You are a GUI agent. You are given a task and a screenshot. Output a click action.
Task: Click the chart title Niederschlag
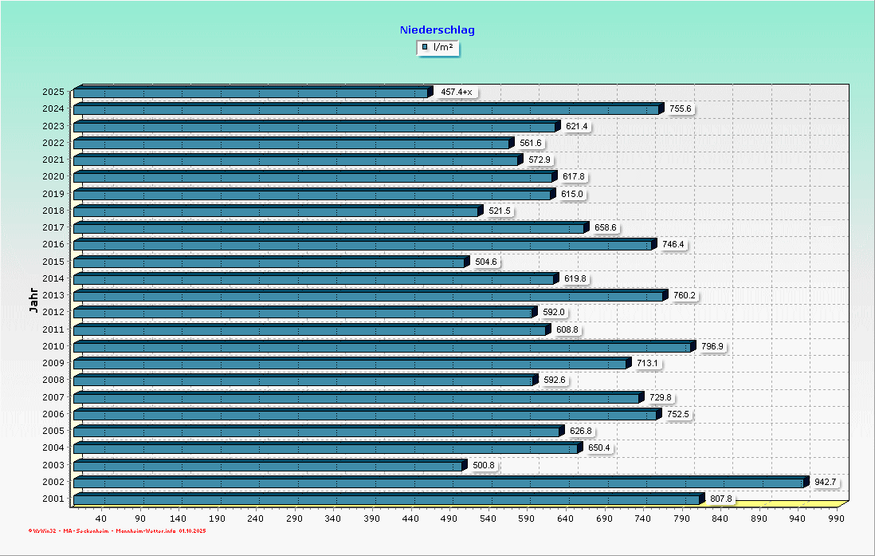pos(437,30)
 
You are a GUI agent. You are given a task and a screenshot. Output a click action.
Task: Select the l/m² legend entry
pos(438,48)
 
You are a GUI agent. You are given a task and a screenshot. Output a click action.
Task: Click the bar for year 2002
pos(438,483)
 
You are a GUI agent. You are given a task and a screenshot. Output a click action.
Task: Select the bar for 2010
pos(383,347)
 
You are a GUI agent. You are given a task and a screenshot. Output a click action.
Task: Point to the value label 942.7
pos(825,482)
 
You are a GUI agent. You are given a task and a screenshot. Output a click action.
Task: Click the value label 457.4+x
pos(457,93)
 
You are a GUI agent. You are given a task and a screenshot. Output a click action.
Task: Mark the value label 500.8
pos(484,465)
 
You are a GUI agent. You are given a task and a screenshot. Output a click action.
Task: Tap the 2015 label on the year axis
pos(54,262)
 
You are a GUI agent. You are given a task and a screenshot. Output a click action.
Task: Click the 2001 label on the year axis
pos(54,499)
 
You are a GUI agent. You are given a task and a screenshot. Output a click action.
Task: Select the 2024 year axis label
pos(54,109)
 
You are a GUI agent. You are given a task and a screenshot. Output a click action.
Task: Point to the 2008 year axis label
pos(54,381)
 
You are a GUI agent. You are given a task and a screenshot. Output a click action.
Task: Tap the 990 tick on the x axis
pos(835,519)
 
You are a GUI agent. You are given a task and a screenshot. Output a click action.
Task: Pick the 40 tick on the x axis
pos(102,519)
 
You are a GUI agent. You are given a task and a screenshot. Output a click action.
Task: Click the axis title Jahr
pos(33,302)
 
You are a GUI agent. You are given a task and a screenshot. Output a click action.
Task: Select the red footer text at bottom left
pos(116,530)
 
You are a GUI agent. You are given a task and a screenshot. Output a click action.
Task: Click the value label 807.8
pos(720,499)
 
